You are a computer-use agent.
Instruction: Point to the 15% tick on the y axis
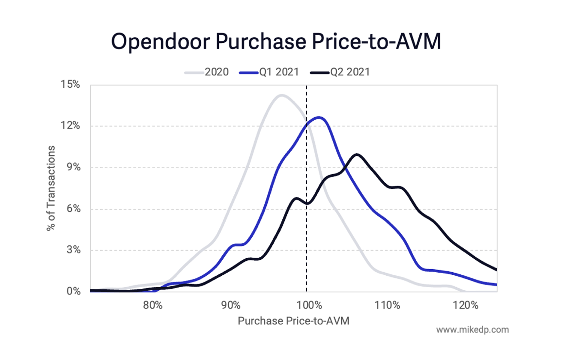coord(72,84)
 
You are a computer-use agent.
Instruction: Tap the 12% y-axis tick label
coord(72,126)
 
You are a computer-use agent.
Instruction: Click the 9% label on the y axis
coord(74,167)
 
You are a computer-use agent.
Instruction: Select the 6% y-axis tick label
coord(74,209)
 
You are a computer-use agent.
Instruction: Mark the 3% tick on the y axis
coord(74,250)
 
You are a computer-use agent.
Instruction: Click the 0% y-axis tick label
coord(74,292)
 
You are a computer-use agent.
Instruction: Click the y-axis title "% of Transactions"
coord(51,188)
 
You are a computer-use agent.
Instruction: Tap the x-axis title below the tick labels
coord(293,321)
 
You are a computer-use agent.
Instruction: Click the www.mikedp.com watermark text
coord(472,330)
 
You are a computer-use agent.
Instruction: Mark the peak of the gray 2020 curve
coord(281,95)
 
